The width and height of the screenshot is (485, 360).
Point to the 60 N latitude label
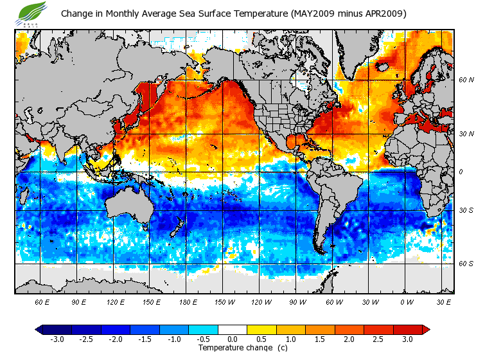466,81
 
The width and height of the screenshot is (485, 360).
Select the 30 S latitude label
466,211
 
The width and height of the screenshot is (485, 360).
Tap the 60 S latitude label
466,264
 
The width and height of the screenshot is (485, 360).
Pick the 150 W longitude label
224,302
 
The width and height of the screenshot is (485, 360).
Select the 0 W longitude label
407,302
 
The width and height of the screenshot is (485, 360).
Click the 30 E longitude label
444,302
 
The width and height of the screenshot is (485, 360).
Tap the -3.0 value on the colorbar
57,339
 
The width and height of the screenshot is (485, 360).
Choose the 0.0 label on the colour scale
233,339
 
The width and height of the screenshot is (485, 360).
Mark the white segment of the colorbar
233,330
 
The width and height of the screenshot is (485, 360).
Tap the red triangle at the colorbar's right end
425,330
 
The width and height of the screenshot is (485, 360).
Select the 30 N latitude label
466,134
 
